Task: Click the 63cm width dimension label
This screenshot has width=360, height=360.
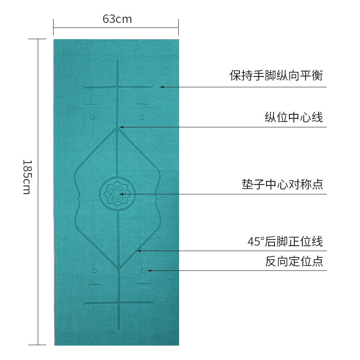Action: click(117, 19)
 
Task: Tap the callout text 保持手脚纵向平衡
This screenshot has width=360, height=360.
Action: click(276, 75)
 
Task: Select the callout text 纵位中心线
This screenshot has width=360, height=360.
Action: click(293, 117)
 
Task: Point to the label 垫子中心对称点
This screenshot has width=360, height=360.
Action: click(282, 184)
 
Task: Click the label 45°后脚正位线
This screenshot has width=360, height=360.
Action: click(285, 242)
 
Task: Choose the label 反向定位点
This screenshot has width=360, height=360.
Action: click(294, 261)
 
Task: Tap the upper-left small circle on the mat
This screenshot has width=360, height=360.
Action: click(93, 117)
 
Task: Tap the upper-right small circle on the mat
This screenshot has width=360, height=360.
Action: click(142, 117)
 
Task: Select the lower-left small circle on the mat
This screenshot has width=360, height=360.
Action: click(94, 271)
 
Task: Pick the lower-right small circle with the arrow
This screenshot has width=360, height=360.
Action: click(144, 270)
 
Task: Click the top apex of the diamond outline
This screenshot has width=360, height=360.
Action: click(118, 128)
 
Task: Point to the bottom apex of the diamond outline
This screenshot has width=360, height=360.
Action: click(119, 268)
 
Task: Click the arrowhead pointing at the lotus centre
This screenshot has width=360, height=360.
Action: click(122, 194)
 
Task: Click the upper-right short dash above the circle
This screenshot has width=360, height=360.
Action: click(142, 104)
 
